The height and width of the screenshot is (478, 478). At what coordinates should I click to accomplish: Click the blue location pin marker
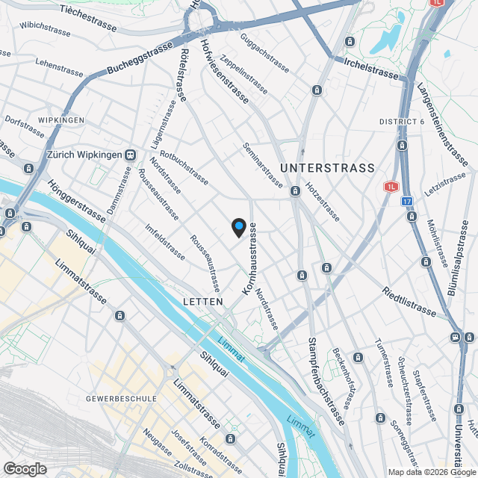[238, 226]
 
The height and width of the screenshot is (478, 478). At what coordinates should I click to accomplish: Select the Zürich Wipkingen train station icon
[130, 155]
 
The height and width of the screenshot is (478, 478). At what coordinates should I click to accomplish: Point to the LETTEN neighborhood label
[202, 302]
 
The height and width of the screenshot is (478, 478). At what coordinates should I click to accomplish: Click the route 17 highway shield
[406, 201]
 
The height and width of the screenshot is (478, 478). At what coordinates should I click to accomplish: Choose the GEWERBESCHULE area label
[122, 399]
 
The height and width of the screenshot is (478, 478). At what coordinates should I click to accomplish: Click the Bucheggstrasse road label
[139, 57]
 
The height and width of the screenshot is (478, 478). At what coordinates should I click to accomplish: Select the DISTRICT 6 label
[402, 122]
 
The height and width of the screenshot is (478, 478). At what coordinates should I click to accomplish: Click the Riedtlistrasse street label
[409, 301]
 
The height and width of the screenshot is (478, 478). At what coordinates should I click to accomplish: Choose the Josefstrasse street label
[187, 446]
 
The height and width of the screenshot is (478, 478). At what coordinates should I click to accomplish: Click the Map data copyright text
[431, 472]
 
